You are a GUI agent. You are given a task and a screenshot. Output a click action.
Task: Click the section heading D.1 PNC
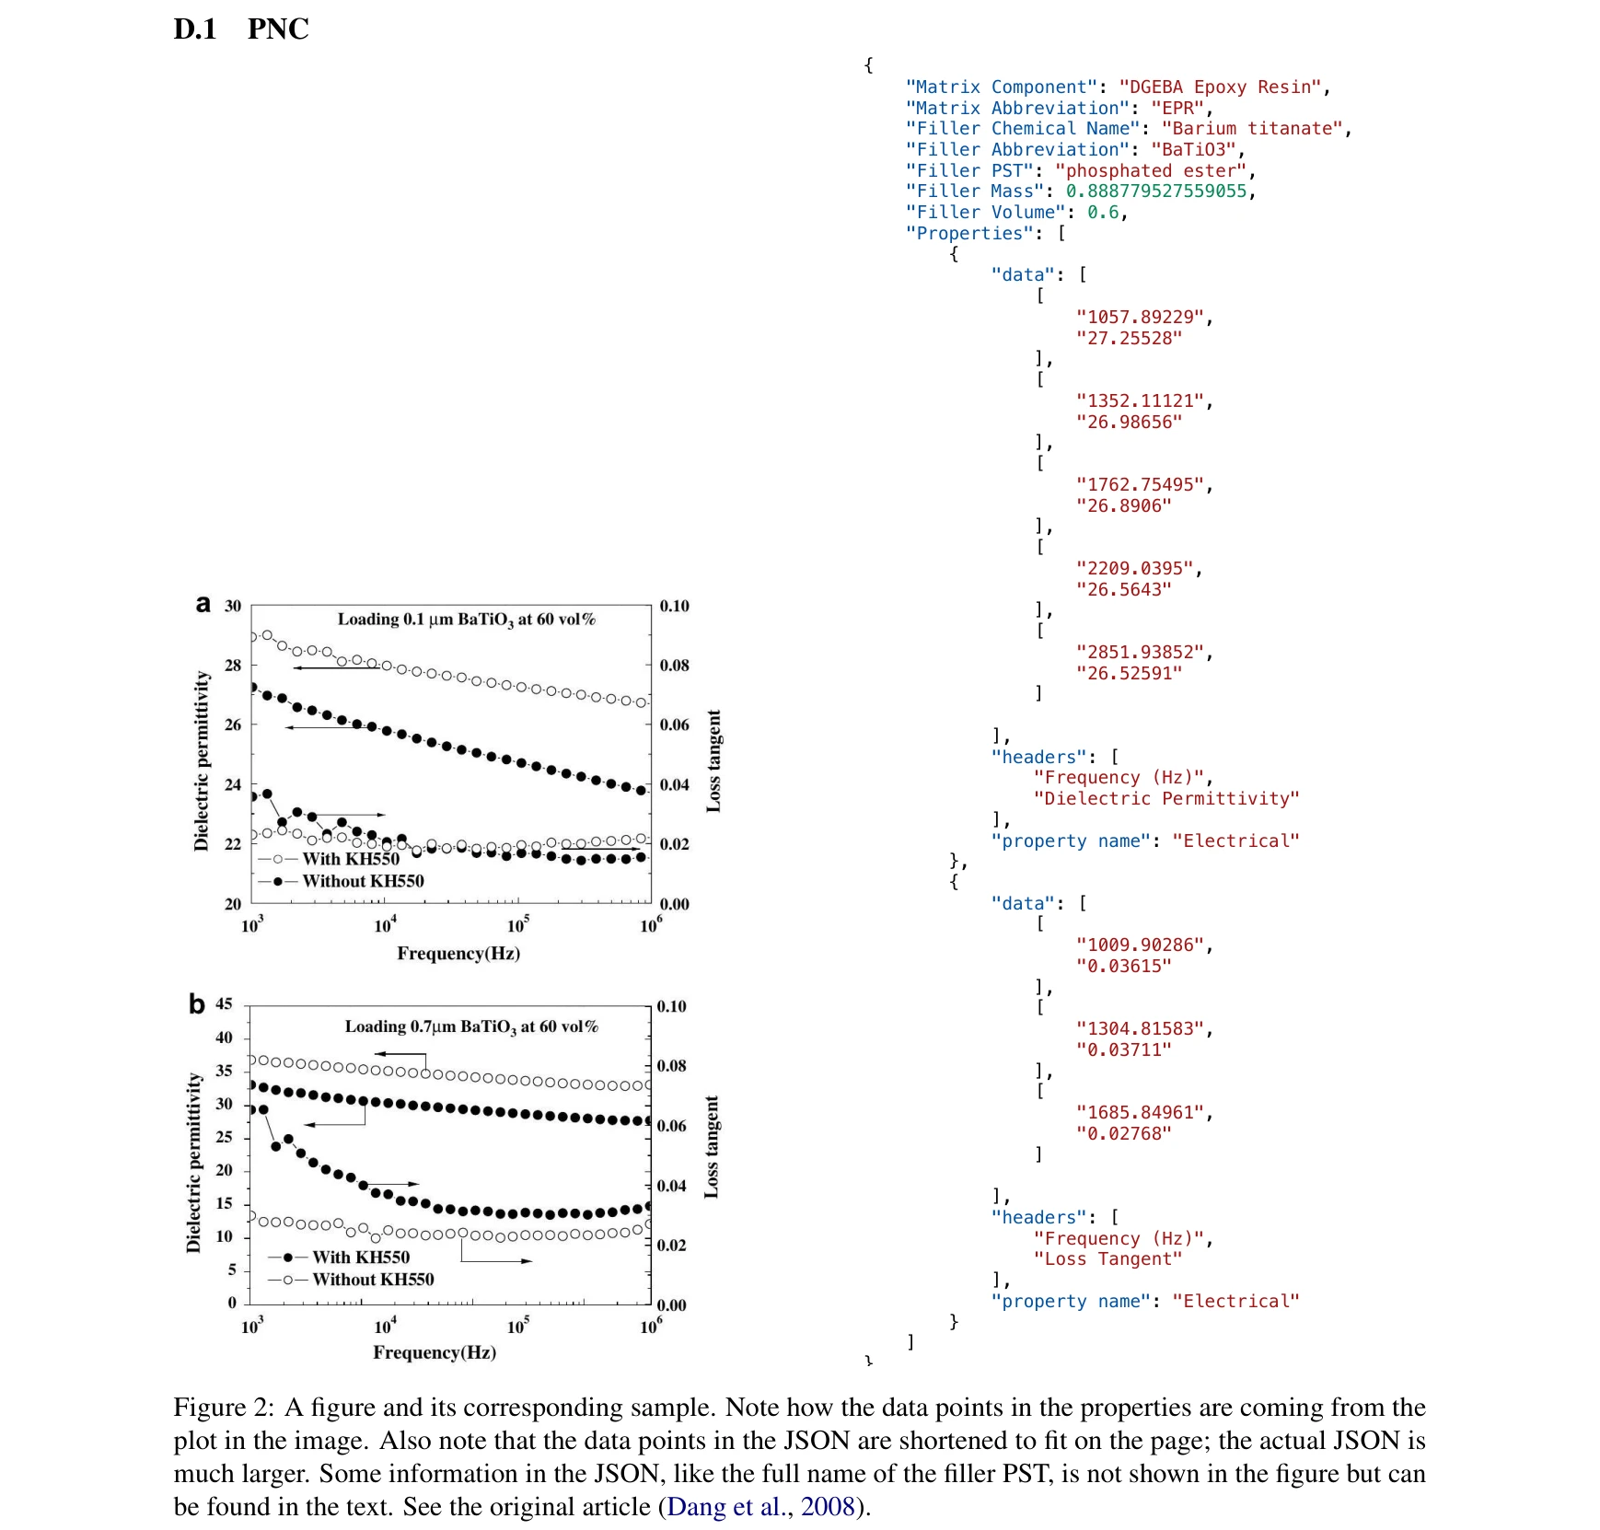coord(241,29)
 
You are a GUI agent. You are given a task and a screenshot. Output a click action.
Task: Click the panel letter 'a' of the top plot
coord(203,604)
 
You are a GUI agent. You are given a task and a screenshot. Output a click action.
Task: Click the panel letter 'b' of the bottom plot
coord(196,1003)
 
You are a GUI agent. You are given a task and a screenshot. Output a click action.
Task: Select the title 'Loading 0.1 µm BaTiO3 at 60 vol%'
coord(466,620)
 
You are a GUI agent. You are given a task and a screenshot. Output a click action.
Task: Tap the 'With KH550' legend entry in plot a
coord(350,859)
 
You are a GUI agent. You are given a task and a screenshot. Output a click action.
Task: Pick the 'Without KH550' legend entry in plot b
coord(373,1280)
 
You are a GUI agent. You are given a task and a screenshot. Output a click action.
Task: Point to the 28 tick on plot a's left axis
coord(233,665)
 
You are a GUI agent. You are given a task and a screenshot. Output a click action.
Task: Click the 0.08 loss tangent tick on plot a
coord(674,665)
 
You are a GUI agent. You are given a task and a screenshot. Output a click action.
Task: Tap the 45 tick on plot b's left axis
coord(224,1003)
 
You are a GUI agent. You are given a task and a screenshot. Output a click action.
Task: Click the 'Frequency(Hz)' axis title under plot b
coord(435,1352)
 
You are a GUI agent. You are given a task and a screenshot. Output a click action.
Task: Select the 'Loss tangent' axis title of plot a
coord(713,760)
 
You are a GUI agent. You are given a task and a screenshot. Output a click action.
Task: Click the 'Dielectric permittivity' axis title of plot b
coord(193,1162)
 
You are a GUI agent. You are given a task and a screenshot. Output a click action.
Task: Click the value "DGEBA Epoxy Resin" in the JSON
coord(1223,87)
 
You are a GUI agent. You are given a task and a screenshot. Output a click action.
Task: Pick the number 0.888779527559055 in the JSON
coord(1155,191)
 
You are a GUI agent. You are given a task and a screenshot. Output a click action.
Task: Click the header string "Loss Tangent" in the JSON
coord(1107,1259)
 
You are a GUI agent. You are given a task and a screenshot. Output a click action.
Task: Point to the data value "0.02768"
coord(1123,1134)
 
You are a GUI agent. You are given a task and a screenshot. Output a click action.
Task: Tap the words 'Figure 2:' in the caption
coord(224,1408)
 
